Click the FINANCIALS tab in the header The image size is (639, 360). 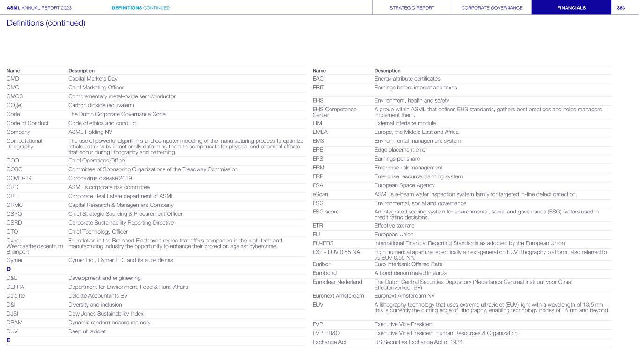[571, 7]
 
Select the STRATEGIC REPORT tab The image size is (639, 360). [412, 7]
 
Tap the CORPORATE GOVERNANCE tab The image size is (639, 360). [492, 7]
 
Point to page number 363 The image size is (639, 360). [621, 7]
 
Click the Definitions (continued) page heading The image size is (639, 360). [46, 23]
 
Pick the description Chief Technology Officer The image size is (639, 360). [98, 232]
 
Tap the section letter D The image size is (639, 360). [9, 269]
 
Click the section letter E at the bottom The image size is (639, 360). [8, 340]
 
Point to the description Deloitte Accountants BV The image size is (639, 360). [98, 296]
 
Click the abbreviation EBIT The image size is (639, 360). [318, 88]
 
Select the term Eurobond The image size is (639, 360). [324, 273]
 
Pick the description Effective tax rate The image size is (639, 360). [394, 226]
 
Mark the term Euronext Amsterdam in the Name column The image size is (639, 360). [338, 296]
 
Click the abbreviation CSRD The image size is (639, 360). [15, 223]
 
